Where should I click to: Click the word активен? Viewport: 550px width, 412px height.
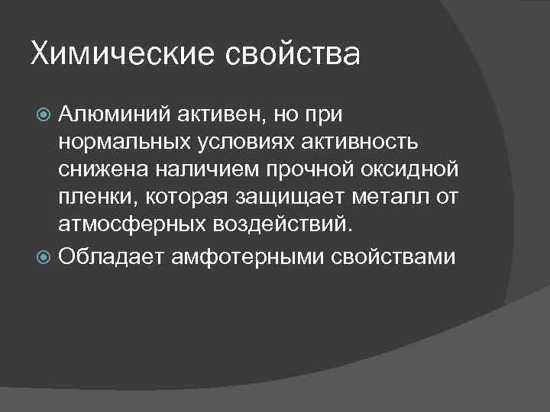pos(222,116)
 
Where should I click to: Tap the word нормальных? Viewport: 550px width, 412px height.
pos(126,144)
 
